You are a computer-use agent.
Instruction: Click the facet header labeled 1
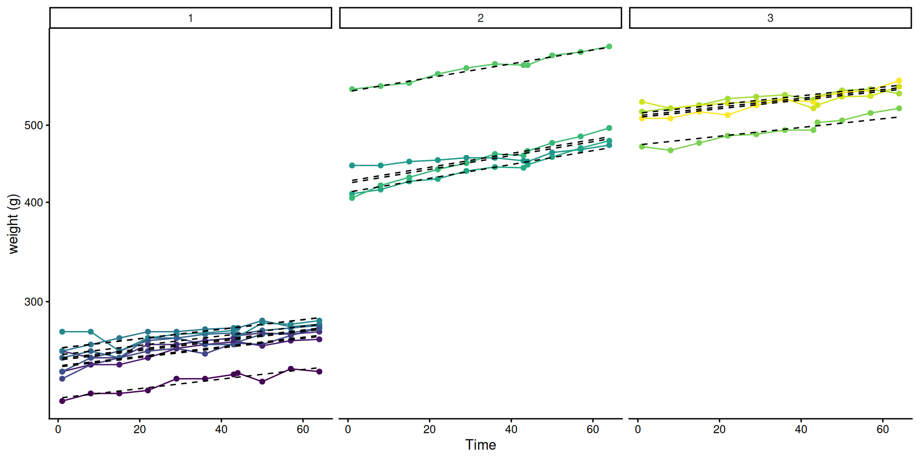click(191, 18)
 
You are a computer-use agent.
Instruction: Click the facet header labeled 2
click(480, 18)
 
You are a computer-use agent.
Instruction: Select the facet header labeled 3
click(770, 18)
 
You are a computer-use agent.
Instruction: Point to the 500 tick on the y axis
click(34, 126)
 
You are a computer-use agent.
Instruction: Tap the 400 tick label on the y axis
click(34, 203)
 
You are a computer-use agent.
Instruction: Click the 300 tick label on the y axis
click(34, 302)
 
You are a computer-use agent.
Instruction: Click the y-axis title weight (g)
click(13, 224)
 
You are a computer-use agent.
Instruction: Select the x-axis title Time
click(480, 445)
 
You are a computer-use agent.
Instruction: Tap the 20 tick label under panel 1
click(140, 430)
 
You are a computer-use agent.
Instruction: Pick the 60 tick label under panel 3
click(883, 430)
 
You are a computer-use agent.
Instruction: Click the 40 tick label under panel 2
click(511, 430)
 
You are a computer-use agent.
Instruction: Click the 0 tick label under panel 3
click(638, 430)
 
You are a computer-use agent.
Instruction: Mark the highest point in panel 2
click(609, 46)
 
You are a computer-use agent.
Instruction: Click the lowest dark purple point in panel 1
click(62, 401)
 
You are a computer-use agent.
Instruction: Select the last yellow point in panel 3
click(899, 81)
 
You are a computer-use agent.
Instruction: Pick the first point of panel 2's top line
click(352, 89)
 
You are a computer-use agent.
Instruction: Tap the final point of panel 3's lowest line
click(899, 108)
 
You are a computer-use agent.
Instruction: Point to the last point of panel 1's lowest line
click(319, 371)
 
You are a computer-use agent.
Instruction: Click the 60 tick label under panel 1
click(303, 430)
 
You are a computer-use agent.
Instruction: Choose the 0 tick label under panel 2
click(348, 430)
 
